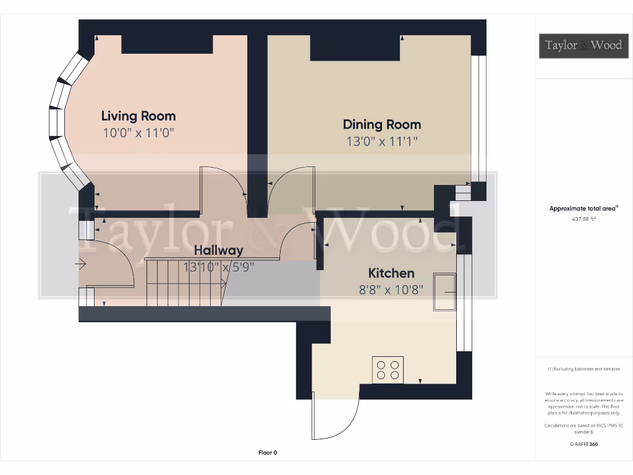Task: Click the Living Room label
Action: click(138, 116)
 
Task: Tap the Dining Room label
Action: click(382, 124)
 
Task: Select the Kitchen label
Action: click(391, 273)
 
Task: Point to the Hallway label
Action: click(219, 250)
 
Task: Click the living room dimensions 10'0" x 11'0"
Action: click(138, 132)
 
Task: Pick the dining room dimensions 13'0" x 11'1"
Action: click(382, 141)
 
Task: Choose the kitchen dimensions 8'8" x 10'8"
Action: click(391, 289)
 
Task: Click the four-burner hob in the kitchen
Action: click(388, 370)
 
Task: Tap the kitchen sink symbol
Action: click(445, 291)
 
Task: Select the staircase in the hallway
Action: click(185, 283)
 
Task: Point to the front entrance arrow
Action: click(81, 265)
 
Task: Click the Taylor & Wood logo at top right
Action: click(583, 45)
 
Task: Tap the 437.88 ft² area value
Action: click(583, 218)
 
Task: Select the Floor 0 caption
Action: click(268, 453)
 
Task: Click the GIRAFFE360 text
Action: click(584, 444)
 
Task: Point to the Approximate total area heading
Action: click(583, 208)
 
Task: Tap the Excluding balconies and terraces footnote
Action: click(584, 369)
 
